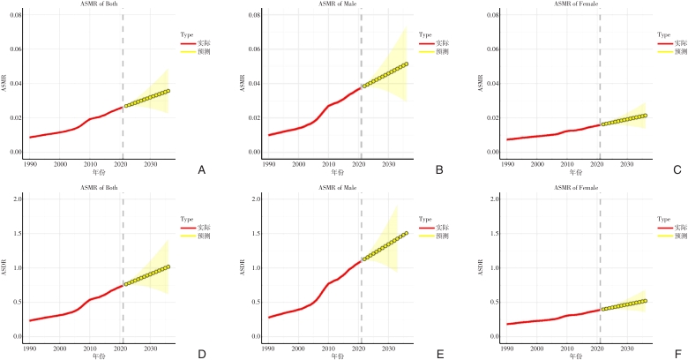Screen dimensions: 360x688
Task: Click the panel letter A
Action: (202, 169)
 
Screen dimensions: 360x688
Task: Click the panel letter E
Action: (440, 354)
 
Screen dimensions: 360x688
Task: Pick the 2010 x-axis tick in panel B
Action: (329, 164)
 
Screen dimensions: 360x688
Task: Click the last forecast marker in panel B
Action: (407, 64)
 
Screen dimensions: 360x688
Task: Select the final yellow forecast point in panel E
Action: (407, 233)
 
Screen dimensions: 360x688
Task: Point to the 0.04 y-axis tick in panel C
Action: (489, 84)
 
